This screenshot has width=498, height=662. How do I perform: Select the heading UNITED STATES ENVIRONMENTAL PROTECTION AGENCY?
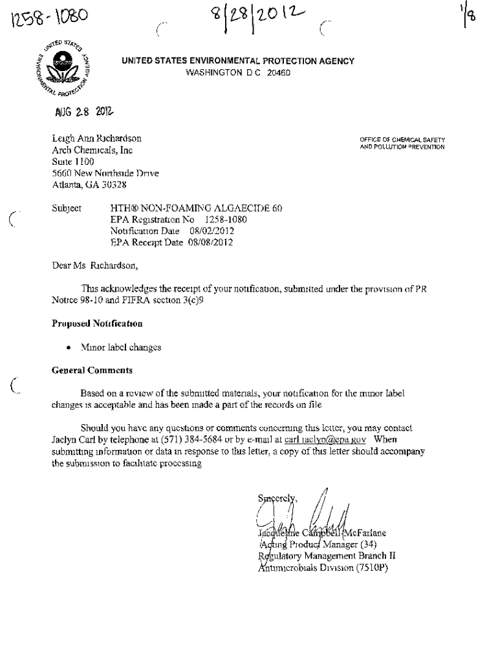click(x=238, y=61)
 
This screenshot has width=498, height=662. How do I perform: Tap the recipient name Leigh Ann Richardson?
click(x=96, y=138)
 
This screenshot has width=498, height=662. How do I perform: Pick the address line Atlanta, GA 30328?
click(x=89, y=184)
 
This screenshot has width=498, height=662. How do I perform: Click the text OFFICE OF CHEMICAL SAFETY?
click(x=402, y=140)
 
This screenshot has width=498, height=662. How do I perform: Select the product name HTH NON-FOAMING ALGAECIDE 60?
click(x=197, y=208)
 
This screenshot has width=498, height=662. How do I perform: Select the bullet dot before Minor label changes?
click(x=68, y=348)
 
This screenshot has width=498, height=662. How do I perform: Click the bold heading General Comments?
click(x=92, y=370)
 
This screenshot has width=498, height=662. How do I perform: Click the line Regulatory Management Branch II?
click(x=327, y=555)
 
